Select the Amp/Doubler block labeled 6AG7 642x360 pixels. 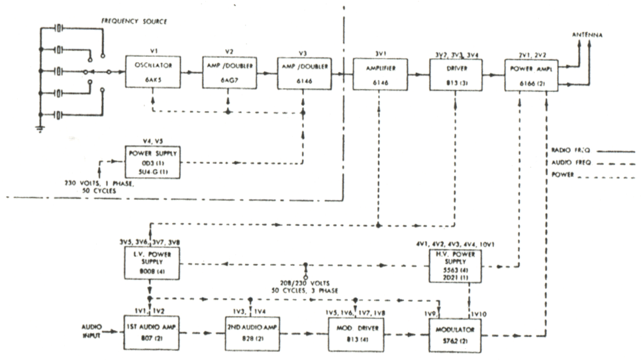click(x=228, y=73)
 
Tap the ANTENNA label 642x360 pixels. click(x=588, y=34)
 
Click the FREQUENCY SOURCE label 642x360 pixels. click(x=134, y=22)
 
